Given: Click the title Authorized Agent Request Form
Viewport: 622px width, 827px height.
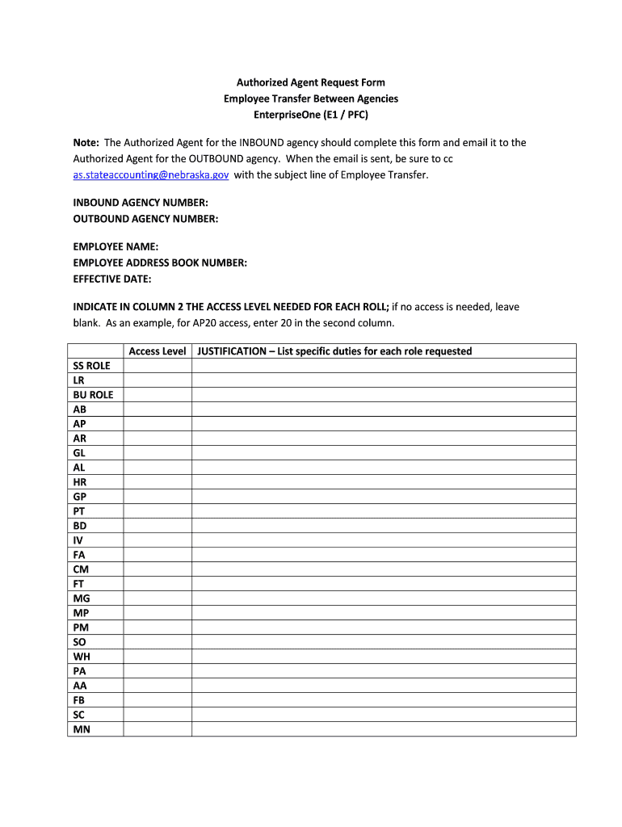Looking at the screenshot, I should [311, 82].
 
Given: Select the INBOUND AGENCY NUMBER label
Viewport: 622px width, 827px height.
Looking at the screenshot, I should [141, 203].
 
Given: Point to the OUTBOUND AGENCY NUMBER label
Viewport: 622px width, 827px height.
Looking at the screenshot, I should [145, 218].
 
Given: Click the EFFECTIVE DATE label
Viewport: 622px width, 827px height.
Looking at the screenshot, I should [112, 279].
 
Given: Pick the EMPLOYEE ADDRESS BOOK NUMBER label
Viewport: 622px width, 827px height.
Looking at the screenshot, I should [160, 262].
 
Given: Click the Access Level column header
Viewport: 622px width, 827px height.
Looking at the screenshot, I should [158, 351].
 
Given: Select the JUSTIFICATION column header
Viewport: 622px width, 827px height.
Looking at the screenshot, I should [334, 351].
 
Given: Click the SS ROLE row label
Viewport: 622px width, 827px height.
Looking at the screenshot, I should [91, 366].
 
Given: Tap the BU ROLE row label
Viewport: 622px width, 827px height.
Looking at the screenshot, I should [93, 395].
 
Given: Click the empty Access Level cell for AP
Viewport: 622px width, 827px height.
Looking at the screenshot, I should [158, 424].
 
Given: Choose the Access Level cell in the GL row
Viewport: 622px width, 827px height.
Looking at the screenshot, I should [158, 453].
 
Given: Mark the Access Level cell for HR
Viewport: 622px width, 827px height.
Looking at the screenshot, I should [158, 482].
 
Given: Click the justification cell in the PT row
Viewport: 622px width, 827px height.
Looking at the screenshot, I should [384, 511].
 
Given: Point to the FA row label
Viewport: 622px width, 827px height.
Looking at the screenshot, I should [79, 555].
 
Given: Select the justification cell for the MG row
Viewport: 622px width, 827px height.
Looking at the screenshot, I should [384, 598].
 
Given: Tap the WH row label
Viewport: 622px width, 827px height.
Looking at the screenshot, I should [81, 657].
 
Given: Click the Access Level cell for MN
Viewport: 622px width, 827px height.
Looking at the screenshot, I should [158, 729].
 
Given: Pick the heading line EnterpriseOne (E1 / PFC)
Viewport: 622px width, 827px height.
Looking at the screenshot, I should [311, 114].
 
